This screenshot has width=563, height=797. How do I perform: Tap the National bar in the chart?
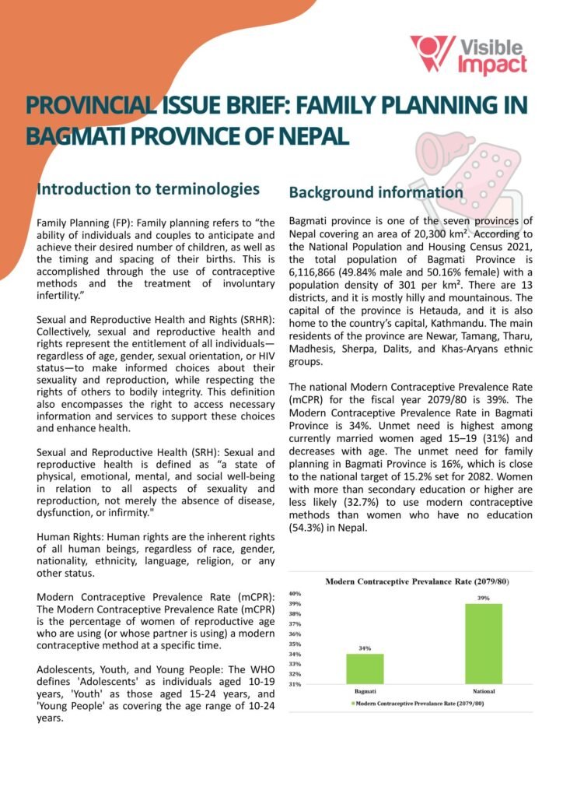484,644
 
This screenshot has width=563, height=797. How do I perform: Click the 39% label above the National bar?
484,598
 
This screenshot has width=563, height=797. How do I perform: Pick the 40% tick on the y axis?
295,594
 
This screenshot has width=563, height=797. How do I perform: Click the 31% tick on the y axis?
295,684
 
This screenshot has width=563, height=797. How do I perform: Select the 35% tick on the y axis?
295,644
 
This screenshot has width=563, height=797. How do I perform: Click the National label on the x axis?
484,691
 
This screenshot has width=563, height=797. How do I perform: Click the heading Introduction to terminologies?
148,189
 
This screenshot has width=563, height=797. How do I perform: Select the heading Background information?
376,192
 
